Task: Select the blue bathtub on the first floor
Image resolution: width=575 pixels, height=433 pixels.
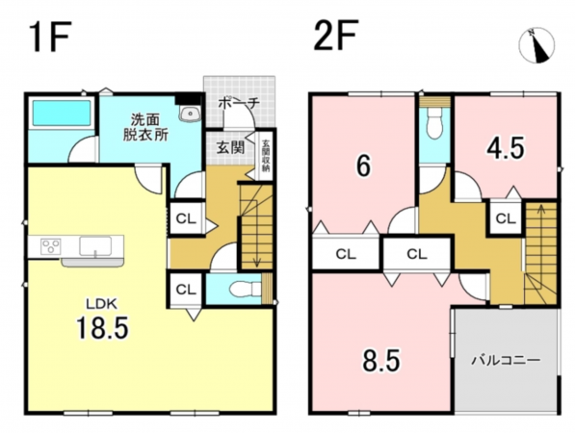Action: pos(61,115)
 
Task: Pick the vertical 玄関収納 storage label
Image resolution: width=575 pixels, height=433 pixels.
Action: pos(263,154)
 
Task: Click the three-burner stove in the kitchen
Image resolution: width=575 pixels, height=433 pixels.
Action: pos(49,247)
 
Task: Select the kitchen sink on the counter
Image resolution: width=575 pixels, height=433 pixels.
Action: pos(95,247)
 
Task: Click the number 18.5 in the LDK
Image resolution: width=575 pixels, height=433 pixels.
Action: pos(102,327)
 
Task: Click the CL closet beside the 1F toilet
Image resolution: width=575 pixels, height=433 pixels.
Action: pos(186,287)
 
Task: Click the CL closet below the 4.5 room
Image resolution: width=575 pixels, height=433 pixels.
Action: pos(505,218)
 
